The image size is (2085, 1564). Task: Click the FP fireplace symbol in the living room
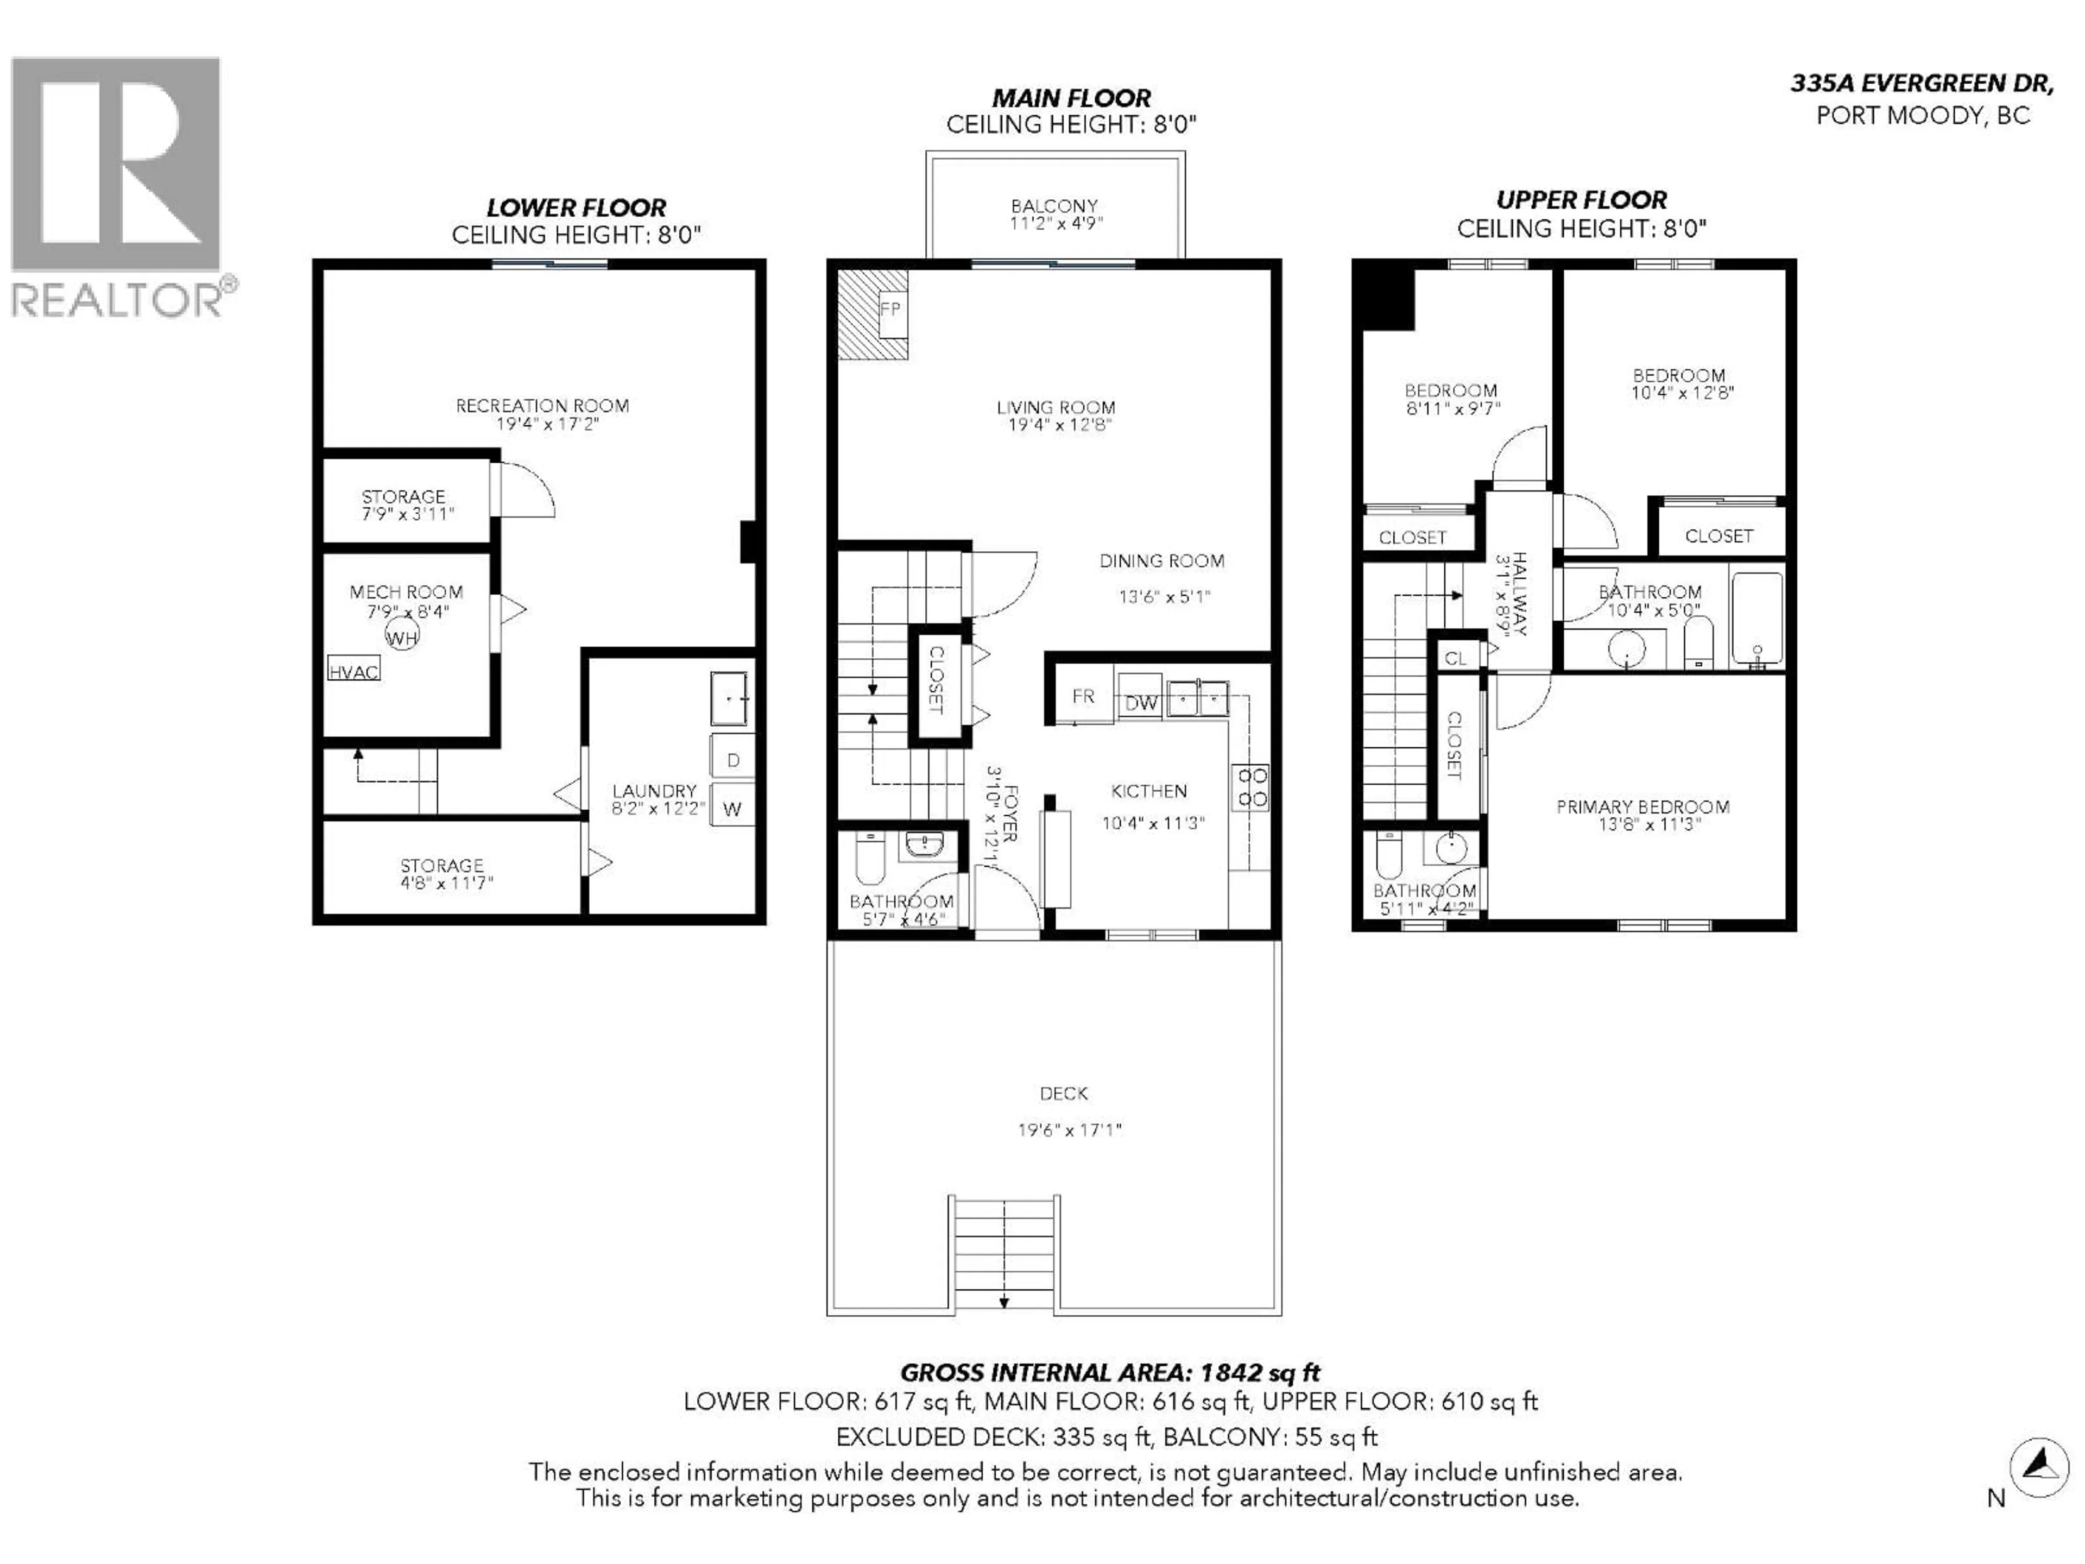(x=890, y=309)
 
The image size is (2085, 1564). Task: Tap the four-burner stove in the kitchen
(x=1252, y=787)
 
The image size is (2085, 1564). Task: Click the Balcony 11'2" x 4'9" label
(x=1055, y=214)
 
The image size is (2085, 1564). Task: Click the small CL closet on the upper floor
(x=1455, y=658)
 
